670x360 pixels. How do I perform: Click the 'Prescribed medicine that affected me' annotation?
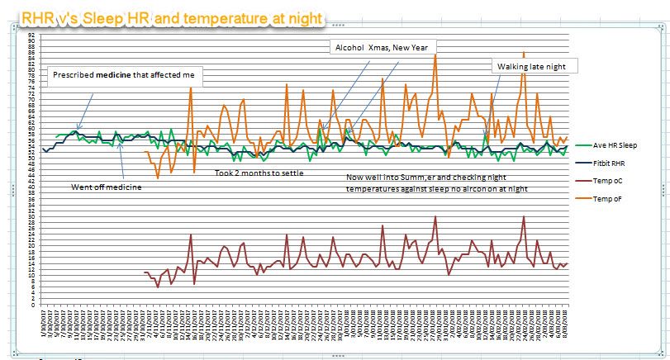(123, 74)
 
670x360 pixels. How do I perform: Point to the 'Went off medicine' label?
(107, 187)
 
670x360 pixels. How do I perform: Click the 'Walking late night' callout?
(536, 66)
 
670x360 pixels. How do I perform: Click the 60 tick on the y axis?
(31, 130)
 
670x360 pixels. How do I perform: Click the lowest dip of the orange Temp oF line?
(158, 178)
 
